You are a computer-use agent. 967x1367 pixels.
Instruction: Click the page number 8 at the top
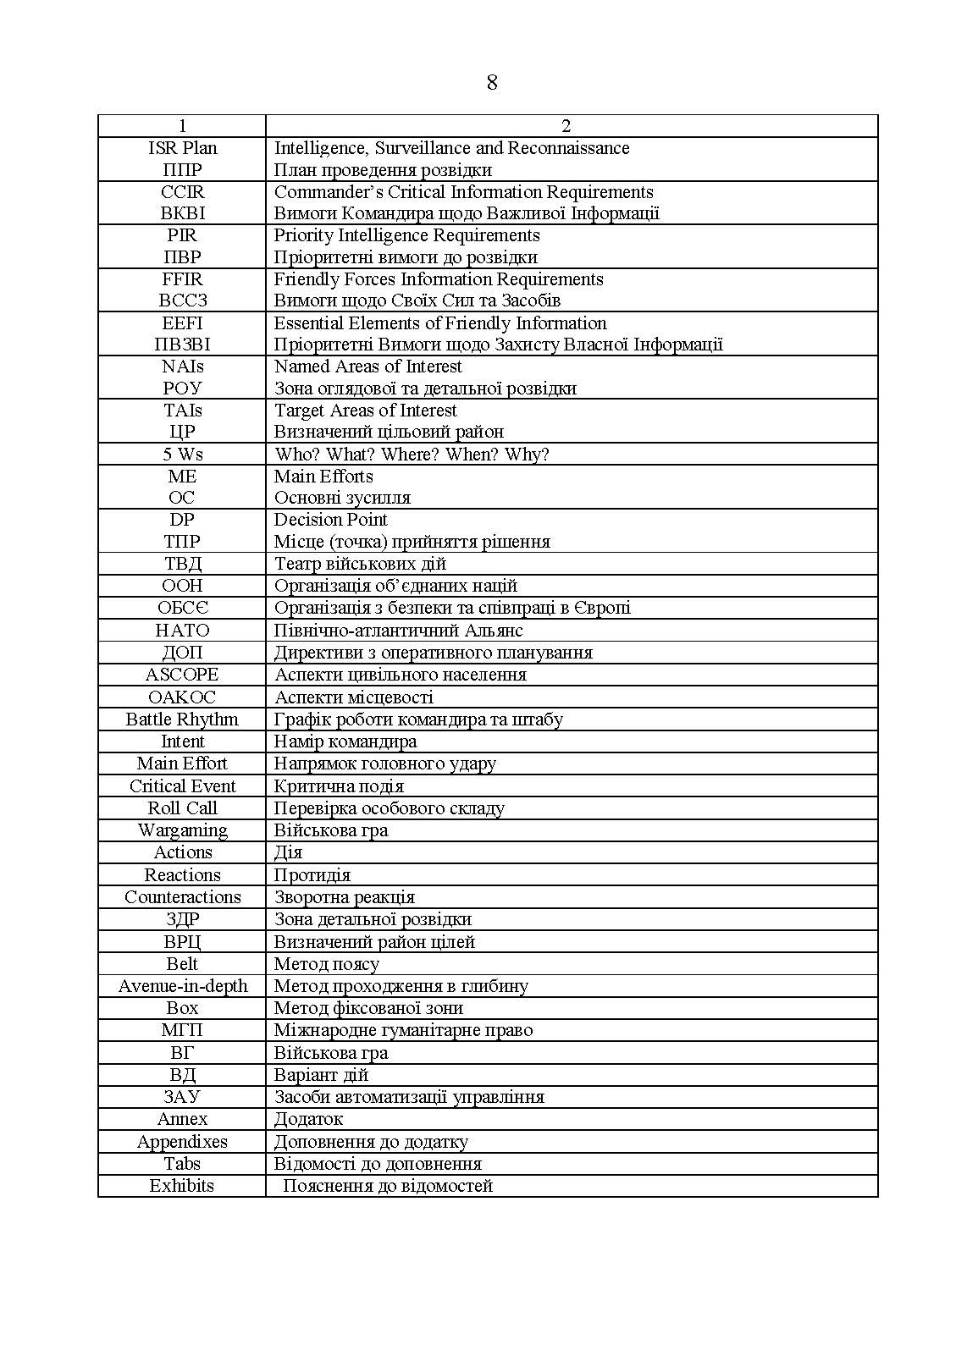(x=492, y=83)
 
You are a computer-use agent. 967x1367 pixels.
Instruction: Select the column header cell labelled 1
(x=182, y=126)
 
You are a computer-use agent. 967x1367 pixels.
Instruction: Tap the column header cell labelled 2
(x=566, y=126)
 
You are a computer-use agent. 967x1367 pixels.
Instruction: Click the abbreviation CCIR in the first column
(x=183, y=192)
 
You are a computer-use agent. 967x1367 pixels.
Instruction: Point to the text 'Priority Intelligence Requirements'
(x=406, y=235)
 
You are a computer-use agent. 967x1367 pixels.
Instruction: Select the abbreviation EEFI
(x=182, y=323)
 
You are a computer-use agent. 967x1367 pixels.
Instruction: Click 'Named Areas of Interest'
(x=367, y=367)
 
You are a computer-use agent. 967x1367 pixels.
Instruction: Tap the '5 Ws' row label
(x=183, y=455)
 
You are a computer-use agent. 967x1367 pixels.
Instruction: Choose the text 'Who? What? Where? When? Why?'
(x=412, y=455)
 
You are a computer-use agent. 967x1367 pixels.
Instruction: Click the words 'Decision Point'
(x=330, y=520)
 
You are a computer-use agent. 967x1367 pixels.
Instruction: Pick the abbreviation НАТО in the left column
(x=182, y=631)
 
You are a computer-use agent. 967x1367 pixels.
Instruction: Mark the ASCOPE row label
(x=182, y=675)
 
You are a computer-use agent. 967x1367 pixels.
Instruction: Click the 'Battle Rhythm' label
(x=182, y=719)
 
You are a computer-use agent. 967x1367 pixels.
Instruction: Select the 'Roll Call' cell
(x=182, y=808)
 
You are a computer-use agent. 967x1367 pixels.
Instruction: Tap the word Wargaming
(x=182, y=830)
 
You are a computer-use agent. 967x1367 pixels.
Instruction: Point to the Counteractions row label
(x=182, y=897)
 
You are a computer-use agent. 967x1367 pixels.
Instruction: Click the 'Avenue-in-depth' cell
(x=182, y=986)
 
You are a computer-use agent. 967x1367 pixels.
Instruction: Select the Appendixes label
(x=182, y=1142)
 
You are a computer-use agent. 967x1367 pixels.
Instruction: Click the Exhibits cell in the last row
(x=182, y=1186)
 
